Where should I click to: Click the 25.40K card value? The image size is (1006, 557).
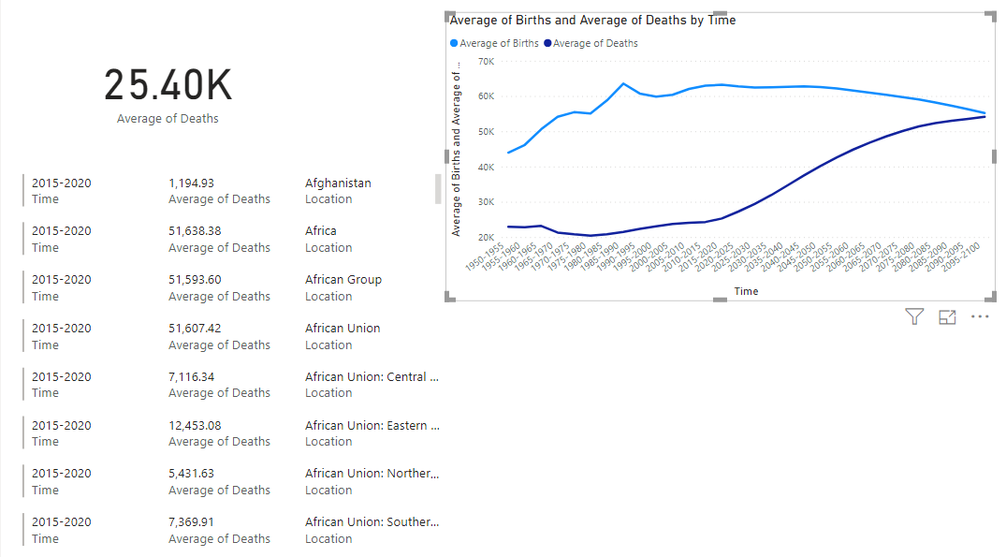click(x=168, y=85)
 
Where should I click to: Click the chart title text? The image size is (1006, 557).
click(x=592, y=20)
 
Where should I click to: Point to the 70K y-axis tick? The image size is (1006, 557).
click(x=486, y=62)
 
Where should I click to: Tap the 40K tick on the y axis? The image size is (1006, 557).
click(x=486, y=168)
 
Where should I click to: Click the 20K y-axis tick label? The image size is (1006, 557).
click(x=486, y=238)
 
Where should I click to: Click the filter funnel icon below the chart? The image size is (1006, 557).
click(x=914, y=316)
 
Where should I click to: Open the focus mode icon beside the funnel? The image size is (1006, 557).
click(x=947, y=316)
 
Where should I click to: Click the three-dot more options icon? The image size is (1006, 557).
click(x=980, y=316)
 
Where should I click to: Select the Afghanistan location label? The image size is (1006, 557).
click(x=338, y=183)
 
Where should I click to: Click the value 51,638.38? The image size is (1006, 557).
click(x=195, y=231)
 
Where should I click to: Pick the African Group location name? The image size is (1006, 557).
click(x=343, y=280)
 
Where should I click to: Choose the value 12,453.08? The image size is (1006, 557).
click(x=195, y=426)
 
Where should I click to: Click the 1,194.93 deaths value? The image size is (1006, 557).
click(x=191, y=183)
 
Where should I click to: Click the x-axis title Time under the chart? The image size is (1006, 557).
click(x=746, y=291)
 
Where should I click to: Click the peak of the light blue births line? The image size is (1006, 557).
click(x=624, y=83)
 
